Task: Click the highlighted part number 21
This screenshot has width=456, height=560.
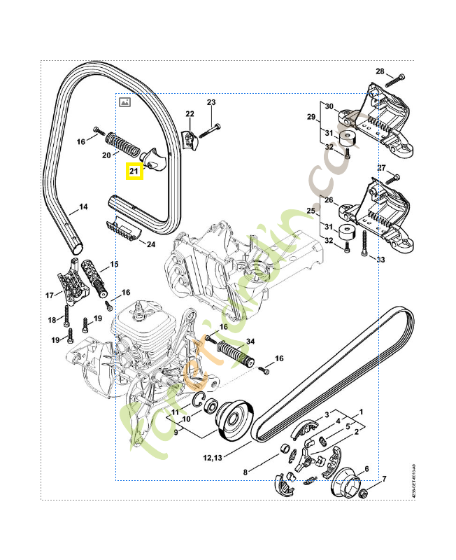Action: [134, 170]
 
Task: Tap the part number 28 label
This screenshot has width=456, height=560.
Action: [380, 71]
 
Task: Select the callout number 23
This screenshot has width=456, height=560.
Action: [212, 103]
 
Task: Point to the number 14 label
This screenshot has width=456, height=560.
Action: [83, 206]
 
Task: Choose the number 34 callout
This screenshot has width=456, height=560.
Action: [250, 341]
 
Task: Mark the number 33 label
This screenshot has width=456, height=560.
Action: [381, 260]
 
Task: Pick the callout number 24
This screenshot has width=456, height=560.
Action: [151, 244]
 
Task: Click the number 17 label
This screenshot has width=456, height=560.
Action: [50, 295]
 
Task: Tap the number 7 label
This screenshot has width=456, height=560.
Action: [383, 479]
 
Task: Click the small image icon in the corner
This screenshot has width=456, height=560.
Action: [125, 102]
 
